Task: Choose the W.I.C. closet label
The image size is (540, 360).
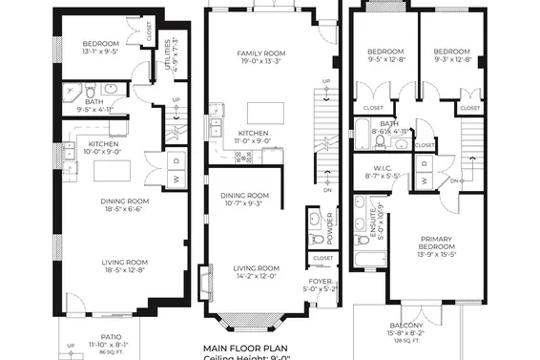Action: click(x=386, y=167)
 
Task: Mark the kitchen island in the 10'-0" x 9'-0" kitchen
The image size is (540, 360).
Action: click(x=112, y=170)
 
